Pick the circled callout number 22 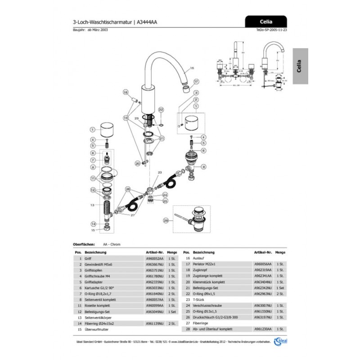click(161, 109)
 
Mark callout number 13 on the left click(92, 205)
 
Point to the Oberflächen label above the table click(83, 244)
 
